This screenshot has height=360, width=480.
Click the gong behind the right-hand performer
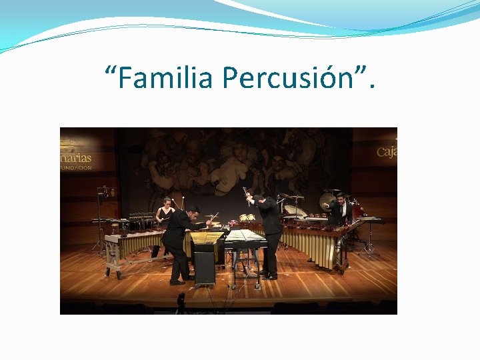pyautogui.click(x=327, y=201)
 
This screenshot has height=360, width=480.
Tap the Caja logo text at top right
pyautogui.click(x=387, y=151)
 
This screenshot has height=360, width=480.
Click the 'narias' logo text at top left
pyautogui.click(x=75, y=159)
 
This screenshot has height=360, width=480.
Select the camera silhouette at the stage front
pyautogui.click(x=181, y=303)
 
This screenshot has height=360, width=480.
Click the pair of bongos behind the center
pyautogui.click(x=247, y=217)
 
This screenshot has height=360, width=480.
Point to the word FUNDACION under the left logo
pyautogui.click(x=75, y=168)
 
